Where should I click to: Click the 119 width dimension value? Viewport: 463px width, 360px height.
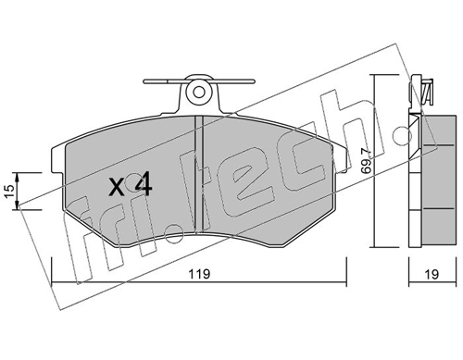200,274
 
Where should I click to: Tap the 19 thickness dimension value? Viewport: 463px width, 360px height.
432,274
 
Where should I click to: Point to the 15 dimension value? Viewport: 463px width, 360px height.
9,192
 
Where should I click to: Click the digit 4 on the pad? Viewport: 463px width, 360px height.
144,184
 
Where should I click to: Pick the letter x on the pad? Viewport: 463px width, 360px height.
117,188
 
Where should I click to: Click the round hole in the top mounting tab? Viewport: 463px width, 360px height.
199,92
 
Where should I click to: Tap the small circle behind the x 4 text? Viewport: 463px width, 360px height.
133,181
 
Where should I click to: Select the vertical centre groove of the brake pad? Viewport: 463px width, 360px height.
199,174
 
